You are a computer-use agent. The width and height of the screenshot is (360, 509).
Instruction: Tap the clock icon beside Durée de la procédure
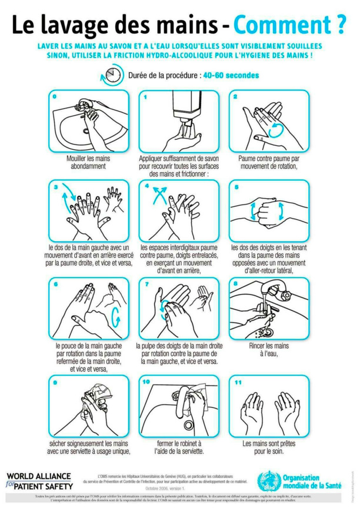(112, 75)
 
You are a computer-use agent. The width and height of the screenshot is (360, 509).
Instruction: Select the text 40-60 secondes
(231, 75)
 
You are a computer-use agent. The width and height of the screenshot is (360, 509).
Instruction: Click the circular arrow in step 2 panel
(275, 129)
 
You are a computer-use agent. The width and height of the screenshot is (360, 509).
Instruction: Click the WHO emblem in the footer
(268, 480)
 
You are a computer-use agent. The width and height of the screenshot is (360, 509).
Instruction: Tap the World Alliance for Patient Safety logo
(39, 481)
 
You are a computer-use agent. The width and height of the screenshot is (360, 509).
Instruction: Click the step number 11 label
(238, 383)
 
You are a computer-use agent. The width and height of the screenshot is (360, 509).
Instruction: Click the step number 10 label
(146, 382)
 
